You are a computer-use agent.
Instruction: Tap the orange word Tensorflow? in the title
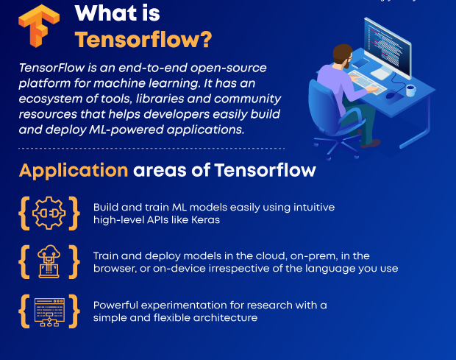tap(143, 40)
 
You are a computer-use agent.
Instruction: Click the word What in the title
tap(106, 13)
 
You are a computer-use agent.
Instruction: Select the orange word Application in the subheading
tap(74, 170)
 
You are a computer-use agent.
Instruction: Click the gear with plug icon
tap(49, 213)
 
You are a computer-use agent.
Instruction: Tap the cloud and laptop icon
tap(49, 261)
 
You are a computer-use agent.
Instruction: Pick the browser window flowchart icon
tap(49, 312)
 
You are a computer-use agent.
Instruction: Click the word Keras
tap(206, 219)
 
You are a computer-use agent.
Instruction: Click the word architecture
tap(225, 317)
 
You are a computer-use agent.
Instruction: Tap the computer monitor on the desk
tap(388, 48)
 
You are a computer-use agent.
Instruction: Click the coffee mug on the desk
tap(410, 90)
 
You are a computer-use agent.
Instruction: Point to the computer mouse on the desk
tap(391, 95)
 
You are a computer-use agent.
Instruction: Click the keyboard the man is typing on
tap(367, 82)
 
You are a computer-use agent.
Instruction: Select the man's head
tap(343, 56)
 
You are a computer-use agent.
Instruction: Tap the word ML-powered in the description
tap(127, 130)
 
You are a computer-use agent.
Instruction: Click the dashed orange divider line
tap(152, 149)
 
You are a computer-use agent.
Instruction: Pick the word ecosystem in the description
tap(51, 99)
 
